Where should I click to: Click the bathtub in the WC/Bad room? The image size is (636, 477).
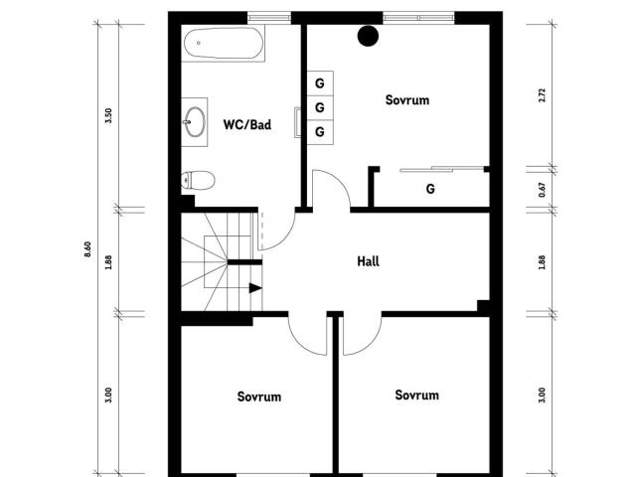223,44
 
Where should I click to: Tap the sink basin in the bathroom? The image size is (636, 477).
195,121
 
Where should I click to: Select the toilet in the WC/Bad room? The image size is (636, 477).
198,180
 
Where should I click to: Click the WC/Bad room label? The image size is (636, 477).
247,124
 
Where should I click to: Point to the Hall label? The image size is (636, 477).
369,261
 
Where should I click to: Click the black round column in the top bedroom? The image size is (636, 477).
368,36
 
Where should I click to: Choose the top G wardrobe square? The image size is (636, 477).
320,83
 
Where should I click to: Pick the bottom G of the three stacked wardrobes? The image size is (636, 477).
320,132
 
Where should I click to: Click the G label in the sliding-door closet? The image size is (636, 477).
430,189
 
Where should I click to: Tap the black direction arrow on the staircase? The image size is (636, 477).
255,288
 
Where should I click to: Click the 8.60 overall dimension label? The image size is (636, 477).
87,249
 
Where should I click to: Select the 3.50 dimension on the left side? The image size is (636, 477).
108,116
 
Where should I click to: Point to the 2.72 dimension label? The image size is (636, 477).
543,95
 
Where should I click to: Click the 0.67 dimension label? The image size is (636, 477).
543,190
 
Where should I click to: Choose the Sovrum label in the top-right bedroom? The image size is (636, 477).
407,100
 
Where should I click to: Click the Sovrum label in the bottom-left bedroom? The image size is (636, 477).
259,397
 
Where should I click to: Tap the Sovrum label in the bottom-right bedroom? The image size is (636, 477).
417,396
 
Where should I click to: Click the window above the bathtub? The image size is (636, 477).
269,18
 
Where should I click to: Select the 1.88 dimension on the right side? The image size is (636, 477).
543,262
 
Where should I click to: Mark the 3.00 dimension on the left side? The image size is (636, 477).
108,396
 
